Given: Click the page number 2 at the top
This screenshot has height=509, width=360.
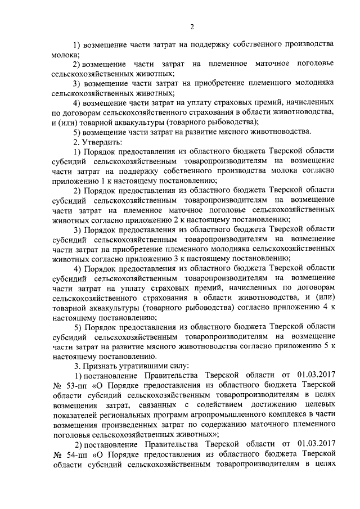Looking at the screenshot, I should point(192,26).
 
